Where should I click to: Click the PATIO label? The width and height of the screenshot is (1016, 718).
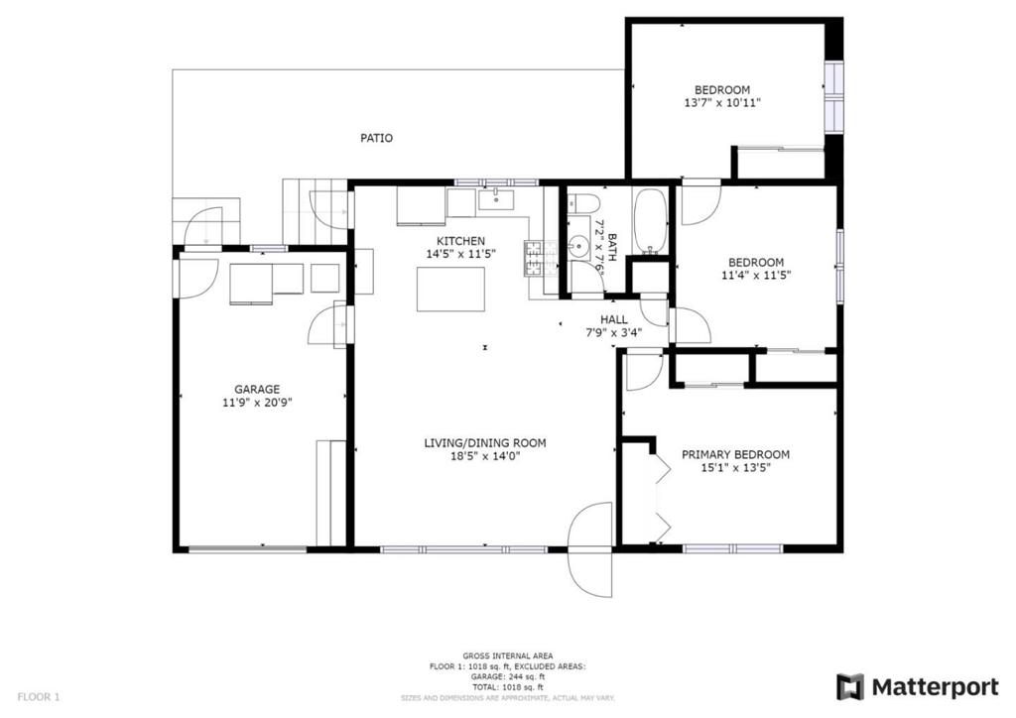coord(376,138)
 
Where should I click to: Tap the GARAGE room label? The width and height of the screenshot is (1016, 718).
coord(257,389)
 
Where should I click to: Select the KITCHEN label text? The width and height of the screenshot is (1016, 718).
coord(461,241)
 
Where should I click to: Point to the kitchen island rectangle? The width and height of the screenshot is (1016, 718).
coord(450,289)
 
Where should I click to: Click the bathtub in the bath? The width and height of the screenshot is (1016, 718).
coord(650,220)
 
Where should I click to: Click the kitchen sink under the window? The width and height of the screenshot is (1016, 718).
coord(495,200)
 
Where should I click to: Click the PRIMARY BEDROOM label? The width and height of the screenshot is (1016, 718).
coord(735,454)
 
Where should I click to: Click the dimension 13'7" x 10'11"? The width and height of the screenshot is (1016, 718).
coord(722,102)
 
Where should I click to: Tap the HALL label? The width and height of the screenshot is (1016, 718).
coord(614,319)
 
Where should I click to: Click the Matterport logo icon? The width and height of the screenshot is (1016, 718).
coord(850,686)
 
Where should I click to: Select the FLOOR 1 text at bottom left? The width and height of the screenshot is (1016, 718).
coord(39,696)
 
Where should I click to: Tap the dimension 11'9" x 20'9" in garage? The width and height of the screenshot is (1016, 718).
coord(257,403)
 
